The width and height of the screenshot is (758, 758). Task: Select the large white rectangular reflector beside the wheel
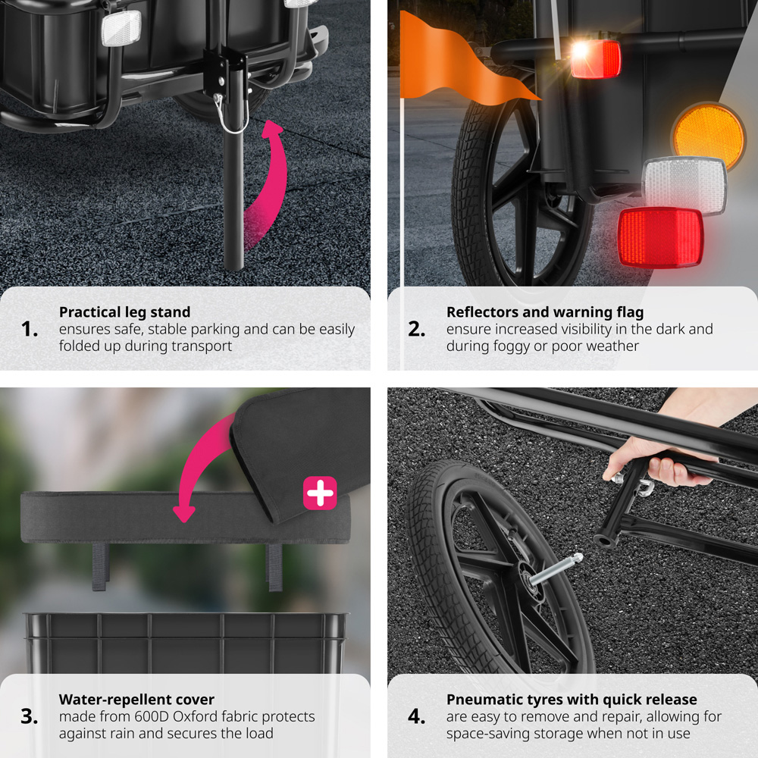(x=684, y=185)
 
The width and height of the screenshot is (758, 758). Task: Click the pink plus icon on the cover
(x=320, y=493)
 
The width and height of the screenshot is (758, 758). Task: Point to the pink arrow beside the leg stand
(x=271, y=183)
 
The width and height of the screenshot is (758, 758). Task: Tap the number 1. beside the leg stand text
(x=30, y=329)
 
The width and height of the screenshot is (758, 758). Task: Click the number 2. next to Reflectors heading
(x=417, y=329)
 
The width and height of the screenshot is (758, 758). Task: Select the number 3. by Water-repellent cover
(x=30, y=716)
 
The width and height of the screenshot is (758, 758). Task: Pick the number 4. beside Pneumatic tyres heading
(x=417, y=716)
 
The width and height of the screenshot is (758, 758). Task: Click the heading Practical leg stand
(x=125, y=312)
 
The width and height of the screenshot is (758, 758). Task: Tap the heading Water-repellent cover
(x=136, y=700)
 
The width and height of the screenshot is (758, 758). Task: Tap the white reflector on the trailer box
(x=121, y=28)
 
